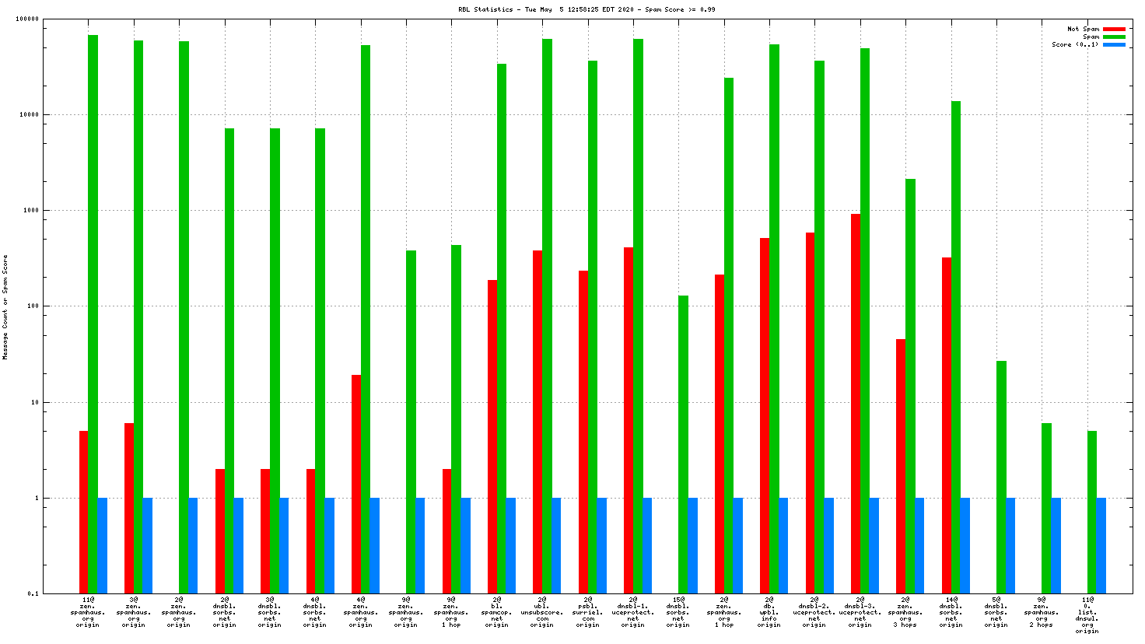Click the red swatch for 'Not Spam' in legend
(x=1114, y=30)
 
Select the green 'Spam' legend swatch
(x=1114, y=37)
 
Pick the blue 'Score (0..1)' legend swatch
(x=1114, y=45)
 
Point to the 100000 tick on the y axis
(x=28, y=19)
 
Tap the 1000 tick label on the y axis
(x=31, y=211)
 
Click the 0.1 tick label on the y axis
(x=33, y=594)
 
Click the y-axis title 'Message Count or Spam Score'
(x=5, y=306)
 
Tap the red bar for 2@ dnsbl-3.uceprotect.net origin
(x=856, y=404)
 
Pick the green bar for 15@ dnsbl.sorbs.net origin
(x=683, y=444)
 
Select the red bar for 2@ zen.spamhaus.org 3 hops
(x=901, y=466)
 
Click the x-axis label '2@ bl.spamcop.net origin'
(x=496, y=612)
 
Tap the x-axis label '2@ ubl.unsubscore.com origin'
(x=542, y=612)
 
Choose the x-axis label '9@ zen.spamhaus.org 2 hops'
(x=1042, y=612)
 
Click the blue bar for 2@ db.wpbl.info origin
(x=783, y=545)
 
